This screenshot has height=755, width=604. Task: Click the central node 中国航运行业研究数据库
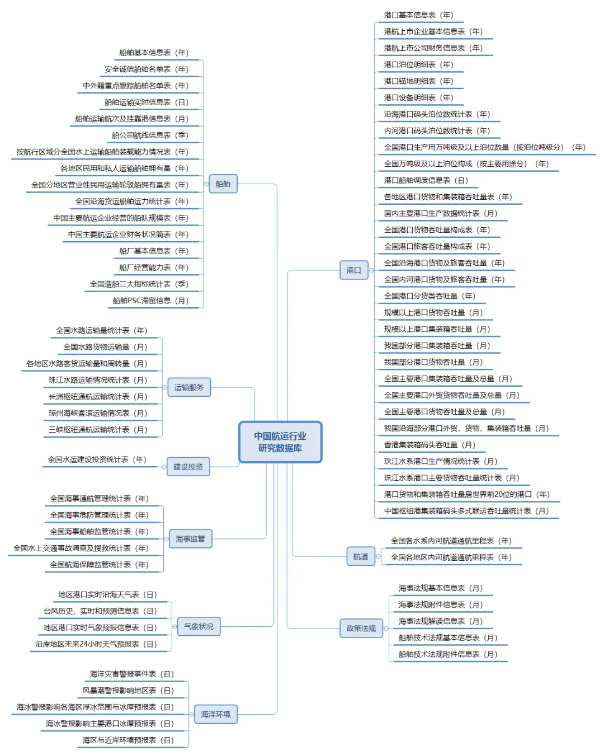[x=280, y=442]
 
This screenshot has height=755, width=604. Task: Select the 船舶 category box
[x=223, y=184]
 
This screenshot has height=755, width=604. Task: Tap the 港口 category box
[x=353, y=270]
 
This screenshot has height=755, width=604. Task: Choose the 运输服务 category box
[x=189, y=387]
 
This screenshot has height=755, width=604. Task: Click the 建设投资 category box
[x=188, y=466]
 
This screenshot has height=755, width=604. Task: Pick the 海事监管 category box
[x=190, y=538]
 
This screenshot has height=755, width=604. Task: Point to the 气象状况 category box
[x=199, y=626]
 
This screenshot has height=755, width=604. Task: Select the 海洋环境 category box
[x=215, y=714]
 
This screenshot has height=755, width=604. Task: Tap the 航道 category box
[x=361, y=556]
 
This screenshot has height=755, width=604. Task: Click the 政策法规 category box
[x=361, y=628]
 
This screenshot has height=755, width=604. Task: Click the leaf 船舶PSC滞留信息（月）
[x=151, y=301]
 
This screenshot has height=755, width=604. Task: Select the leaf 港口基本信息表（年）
[x=418, y=15]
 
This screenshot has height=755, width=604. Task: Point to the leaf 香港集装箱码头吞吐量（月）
[x=430, y=445]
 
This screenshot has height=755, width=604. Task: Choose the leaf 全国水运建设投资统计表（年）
[x=97, y=459]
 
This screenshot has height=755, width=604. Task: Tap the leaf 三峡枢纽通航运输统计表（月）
[x=98, y=430]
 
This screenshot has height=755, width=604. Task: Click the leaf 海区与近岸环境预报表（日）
[x=128, y=740]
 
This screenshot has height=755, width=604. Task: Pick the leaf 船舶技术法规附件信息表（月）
[x=448, y=654]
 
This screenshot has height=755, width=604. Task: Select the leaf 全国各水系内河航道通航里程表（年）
[x=451, y=541]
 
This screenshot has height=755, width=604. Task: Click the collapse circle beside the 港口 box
[x=371, y=270]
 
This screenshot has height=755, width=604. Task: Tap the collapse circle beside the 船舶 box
[x=206, y=184]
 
